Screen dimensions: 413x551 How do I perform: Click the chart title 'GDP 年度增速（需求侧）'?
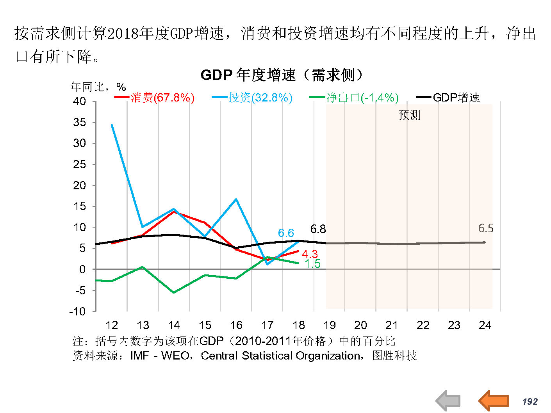[x=282, y=75]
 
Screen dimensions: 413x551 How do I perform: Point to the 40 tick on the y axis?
[x=80, y=101]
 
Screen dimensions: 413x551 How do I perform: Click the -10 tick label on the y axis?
[x=77, y=312]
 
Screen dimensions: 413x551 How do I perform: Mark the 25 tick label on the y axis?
[x=80, y=164]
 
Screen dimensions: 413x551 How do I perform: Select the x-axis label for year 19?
[x=330, y=325]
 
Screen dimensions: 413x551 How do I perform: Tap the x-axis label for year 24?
[x=485, y=325]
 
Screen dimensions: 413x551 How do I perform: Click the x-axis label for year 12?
[x=112, y=325]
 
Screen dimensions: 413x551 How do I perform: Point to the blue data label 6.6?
[x=286, y=233]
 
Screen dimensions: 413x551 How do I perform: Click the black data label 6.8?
[x=318, y=229]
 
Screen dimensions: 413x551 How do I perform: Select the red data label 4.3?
[x=310, y=254]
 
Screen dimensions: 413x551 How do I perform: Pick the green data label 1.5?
[x=312, y=264]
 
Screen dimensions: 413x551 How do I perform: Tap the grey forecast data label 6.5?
[x=486, y=228]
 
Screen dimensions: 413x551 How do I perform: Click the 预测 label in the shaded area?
[x=409, y=115]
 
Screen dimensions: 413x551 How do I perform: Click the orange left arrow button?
[x=494, y=401]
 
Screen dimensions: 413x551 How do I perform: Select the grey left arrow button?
[x=448, y=401]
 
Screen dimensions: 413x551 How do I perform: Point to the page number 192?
[x=530, y=402]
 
